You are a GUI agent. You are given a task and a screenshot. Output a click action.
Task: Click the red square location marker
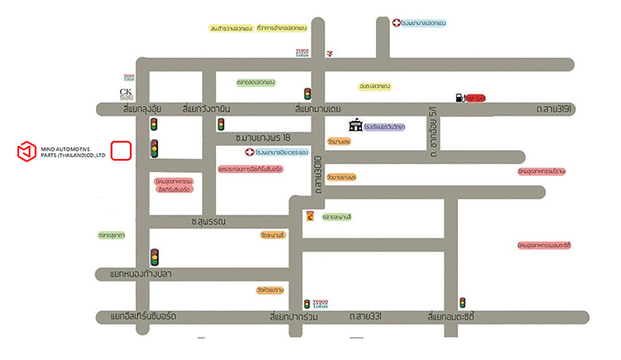pos(121,151)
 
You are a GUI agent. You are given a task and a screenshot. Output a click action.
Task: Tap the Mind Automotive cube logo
pos(28,151)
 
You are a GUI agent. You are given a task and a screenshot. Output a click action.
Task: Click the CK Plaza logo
pos(127,93)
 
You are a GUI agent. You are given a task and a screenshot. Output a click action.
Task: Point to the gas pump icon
pos(459,98)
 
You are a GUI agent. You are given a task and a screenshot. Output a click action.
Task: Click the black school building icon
pos(355,126)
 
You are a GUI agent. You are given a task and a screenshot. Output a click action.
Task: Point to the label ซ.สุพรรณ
pos(209,221)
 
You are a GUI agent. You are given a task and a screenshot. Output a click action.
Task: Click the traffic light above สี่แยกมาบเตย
pos(307,94)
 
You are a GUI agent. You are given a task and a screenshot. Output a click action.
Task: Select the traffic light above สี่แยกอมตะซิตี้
pos(463,303)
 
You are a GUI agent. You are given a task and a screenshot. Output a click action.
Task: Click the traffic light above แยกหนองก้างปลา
pos(154,257)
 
